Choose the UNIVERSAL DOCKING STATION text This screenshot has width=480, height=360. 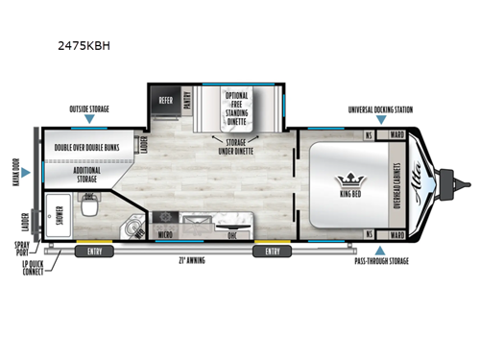click(x=380, y=110)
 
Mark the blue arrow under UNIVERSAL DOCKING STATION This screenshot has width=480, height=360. click(x=380, y=122)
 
